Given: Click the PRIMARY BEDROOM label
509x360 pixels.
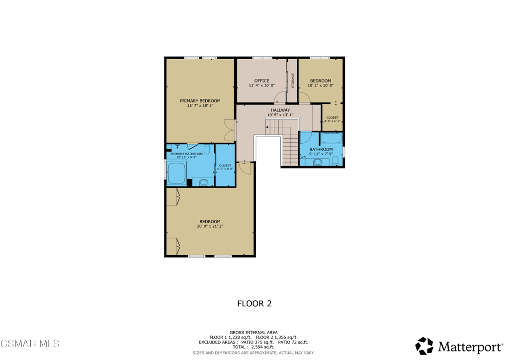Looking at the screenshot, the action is coord(200,100).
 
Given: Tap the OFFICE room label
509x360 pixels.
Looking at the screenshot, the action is coord(261,81).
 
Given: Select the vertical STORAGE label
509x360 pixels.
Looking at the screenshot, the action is coord(292,81).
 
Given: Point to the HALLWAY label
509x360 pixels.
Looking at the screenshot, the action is coord(280,110).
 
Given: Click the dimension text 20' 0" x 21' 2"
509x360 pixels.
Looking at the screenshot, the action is coord(210,226).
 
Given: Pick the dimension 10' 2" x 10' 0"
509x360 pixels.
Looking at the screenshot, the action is coord(321,86).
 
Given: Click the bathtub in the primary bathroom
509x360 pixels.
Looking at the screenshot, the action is coord(176,174).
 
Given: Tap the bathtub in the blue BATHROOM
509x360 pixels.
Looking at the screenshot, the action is coord(331,138).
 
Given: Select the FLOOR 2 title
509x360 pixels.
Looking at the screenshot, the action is coord(254,303).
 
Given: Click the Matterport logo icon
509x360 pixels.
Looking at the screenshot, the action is coord(424,346).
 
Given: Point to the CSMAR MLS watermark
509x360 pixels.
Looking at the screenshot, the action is coord(30,344).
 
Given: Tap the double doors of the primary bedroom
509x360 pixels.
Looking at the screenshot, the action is coord(229,130).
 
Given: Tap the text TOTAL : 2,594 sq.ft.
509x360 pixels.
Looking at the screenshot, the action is coord(253,347).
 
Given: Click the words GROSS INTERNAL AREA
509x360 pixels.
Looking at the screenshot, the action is coord(254,333).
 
